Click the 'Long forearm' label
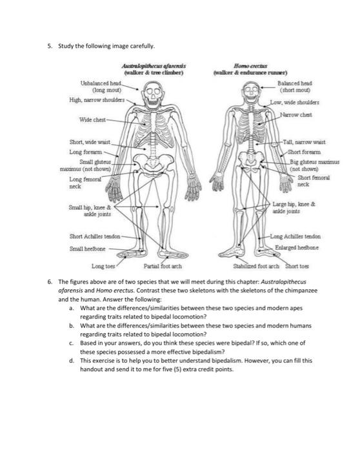(85, 152)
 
